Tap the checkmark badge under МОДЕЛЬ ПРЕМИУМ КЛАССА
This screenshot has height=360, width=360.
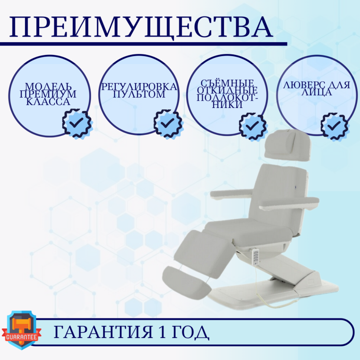click(77, 123)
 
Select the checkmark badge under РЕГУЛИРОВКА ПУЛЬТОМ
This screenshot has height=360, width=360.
click(168, 123)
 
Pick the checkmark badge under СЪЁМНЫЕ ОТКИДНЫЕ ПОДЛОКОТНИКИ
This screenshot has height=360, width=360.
click(253, 127)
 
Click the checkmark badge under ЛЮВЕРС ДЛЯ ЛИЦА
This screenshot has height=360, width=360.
click(334, 127)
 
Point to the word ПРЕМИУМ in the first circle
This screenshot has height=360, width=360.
click(48, 94)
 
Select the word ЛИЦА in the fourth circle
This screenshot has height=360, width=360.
click(317, 93)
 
